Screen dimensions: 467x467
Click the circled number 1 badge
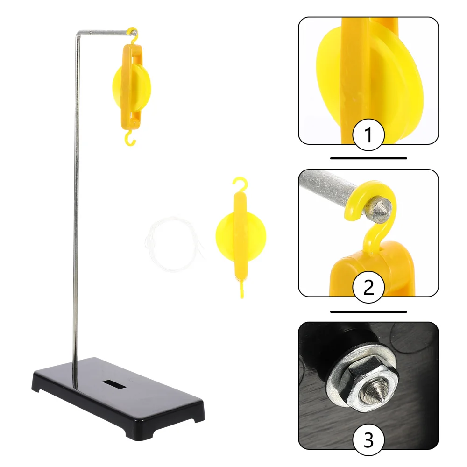coord(368,135)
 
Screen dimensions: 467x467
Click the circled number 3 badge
coord(368,439)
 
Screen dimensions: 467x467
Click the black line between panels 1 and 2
coord(368,158)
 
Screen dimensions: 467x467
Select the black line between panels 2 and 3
coord(368,311)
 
